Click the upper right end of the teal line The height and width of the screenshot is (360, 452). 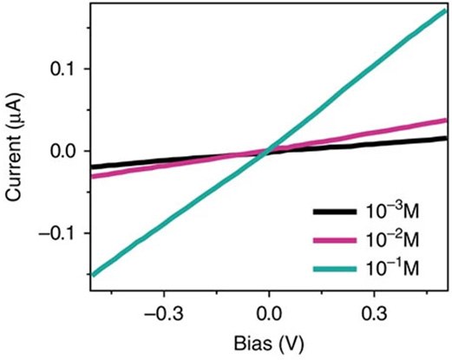[446, 11]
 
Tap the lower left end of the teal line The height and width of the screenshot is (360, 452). [92, 274]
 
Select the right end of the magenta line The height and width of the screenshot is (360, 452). [446, 121]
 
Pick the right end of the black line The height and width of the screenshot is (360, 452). [446, 138]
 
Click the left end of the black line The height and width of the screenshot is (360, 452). [92, 167]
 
